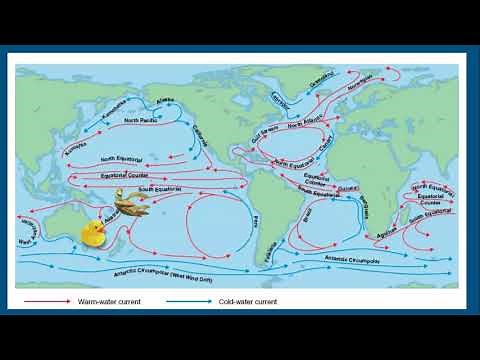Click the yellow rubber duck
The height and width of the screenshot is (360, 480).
click(93, 233)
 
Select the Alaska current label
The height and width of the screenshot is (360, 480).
click(165, 100)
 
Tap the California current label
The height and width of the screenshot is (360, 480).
click(200, 139)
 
